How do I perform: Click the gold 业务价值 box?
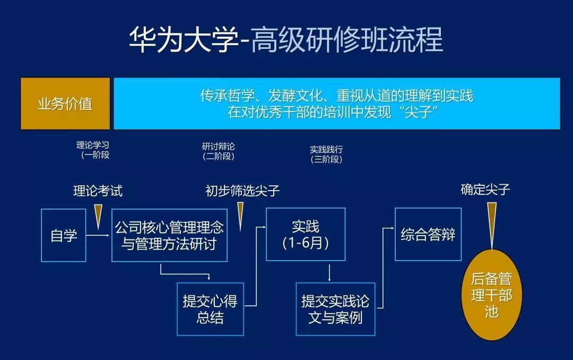point(65,104)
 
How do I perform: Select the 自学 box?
point(64,235)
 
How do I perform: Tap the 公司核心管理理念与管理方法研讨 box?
point(170,235)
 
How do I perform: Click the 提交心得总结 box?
point(210,309)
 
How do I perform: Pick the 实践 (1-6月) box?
point(306,234)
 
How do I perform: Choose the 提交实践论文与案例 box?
point(335,309)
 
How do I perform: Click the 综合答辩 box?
point(428,234)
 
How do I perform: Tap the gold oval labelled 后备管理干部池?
point(492,295)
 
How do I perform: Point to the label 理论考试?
point(98,191)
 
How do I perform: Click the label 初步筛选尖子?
point(242,191)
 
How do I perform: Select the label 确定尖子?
point(485,190)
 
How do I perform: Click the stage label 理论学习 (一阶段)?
point(93,150)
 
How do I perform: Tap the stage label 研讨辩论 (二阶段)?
point(219,151)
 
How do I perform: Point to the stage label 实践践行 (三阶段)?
point(326,155)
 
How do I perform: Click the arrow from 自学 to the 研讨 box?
point(98,235)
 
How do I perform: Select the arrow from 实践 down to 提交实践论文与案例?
point(329,273)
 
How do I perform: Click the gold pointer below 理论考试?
point(98,217)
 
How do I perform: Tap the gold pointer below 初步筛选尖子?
point(240,217)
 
